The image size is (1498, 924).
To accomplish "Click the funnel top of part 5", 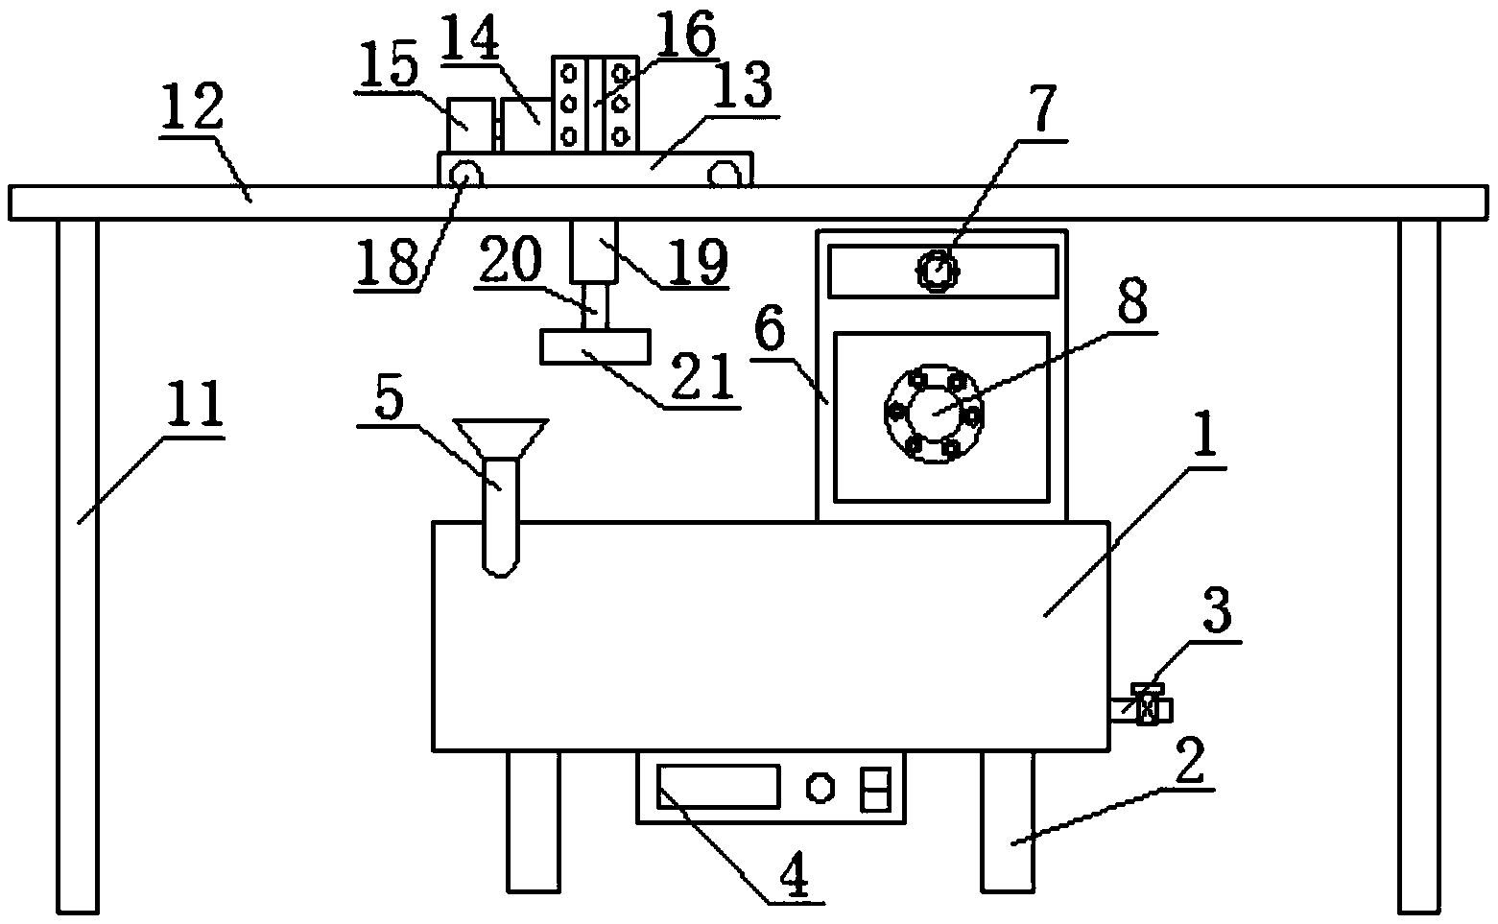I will (500, 438).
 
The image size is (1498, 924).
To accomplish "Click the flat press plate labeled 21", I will (595, 346).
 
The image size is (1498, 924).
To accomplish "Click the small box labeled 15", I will (470, 124).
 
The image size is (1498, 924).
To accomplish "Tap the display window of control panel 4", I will (718, 785).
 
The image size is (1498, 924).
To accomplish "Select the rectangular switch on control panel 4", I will (875, 788).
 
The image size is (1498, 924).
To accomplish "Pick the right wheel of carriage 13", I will (725, 174).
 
